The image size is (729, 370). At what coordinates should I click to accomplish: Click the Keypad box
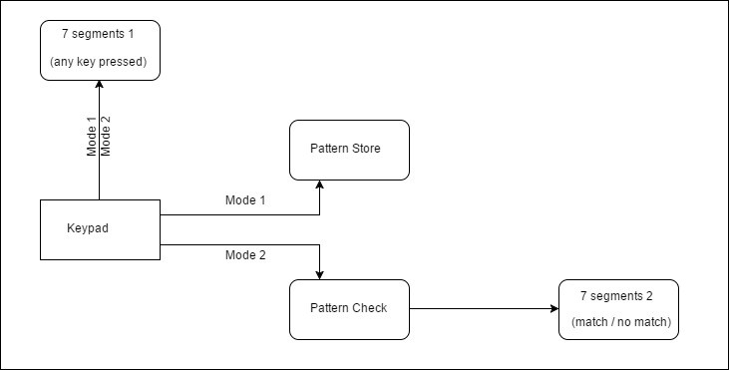tap(100, 229)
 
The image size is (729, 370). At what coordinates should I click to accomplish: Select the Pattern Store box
tap(349, 150)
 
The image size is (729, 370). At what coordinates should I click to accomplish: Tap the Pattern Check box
tap(349, 308)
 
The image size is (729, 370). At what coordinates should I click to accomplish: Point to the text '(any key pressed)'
tap(99, 63)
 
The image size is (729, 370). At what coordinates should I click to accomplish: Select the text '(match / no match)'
tap(620, 322)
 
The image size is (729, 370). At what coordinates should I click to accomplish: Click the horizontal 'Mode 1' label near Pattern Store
tap(245, 200)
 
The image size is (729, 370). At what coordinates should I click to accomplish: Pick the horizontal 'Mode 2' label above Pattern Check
tap(245, 255)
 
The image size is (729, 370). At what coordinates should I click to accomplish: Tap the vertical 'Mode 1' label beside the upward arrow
tap(92, 137)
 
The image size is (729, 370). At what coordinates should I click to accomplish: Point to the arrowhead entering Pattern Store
tap(319, 185)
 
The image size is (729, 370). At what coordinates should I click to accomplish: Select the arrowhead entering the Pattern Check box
tap(319, 274)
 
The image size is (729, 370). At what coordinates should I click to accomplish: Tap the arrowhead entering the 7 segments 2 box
tap(553, 308)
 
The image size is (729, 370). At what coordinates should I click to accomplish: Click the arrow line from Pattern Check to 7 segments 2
tap(479, 308)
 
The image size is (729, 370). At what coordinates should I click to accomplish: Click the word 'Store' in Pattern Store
tap(365, 149)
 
